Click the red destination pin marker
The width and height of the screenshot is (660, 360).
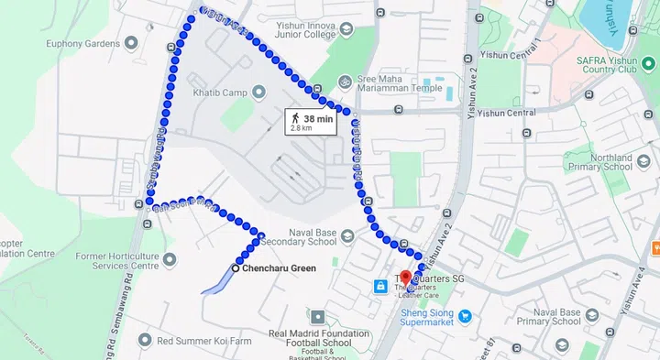(x=406, y=276)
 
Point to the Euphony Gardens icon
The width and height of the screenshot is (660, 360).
(x=131, y=43)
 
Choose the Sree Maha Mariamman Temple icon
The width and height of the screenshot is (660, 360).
(x=345, y=81)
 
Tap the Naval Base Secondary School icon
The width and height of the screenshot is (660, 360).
(x=346, y=237)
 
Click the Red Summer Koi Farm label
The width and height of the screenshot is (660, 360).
(x=204, y=341)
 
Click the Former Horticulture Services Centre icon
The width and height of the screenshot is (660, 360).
(x=142, y=260)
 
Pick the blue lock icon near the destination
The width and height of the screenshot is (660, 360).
(x=379, y=287)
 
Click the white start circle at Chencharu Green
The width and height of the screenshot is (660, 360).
(x=236, y=268)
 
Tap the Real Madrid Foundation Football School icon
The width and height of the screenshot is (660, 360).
(x=316, y=314)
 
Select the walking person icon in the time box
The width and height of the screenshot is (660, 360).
(x=296, y=118)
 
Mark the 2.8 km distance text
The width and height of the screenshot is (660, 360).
(x=302, y=128)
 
